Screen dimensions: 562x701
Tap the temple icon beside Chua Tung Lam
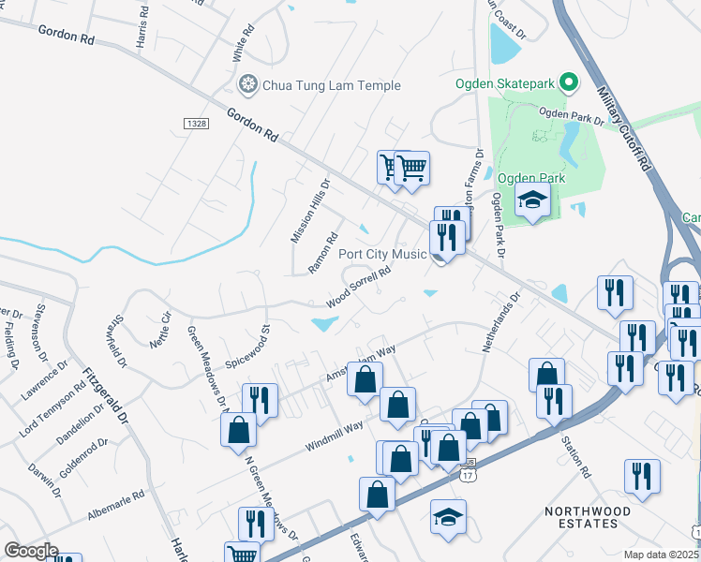pos(248,85)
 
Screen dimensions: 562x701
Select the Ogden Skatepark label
pos(505,83)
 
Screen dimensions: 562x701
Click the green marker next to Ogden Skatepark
pos(568,83)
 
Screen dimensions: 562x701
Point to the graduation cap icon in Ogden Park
pos(532,200)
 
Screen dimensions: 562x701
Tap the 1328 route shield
pos(196,123)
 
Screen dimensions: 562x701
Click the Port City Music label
pos(382,254)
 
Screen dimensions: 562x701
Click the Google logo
pos(31,551)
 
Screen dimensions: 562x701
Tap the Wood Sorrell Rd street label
pos(357,288)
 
